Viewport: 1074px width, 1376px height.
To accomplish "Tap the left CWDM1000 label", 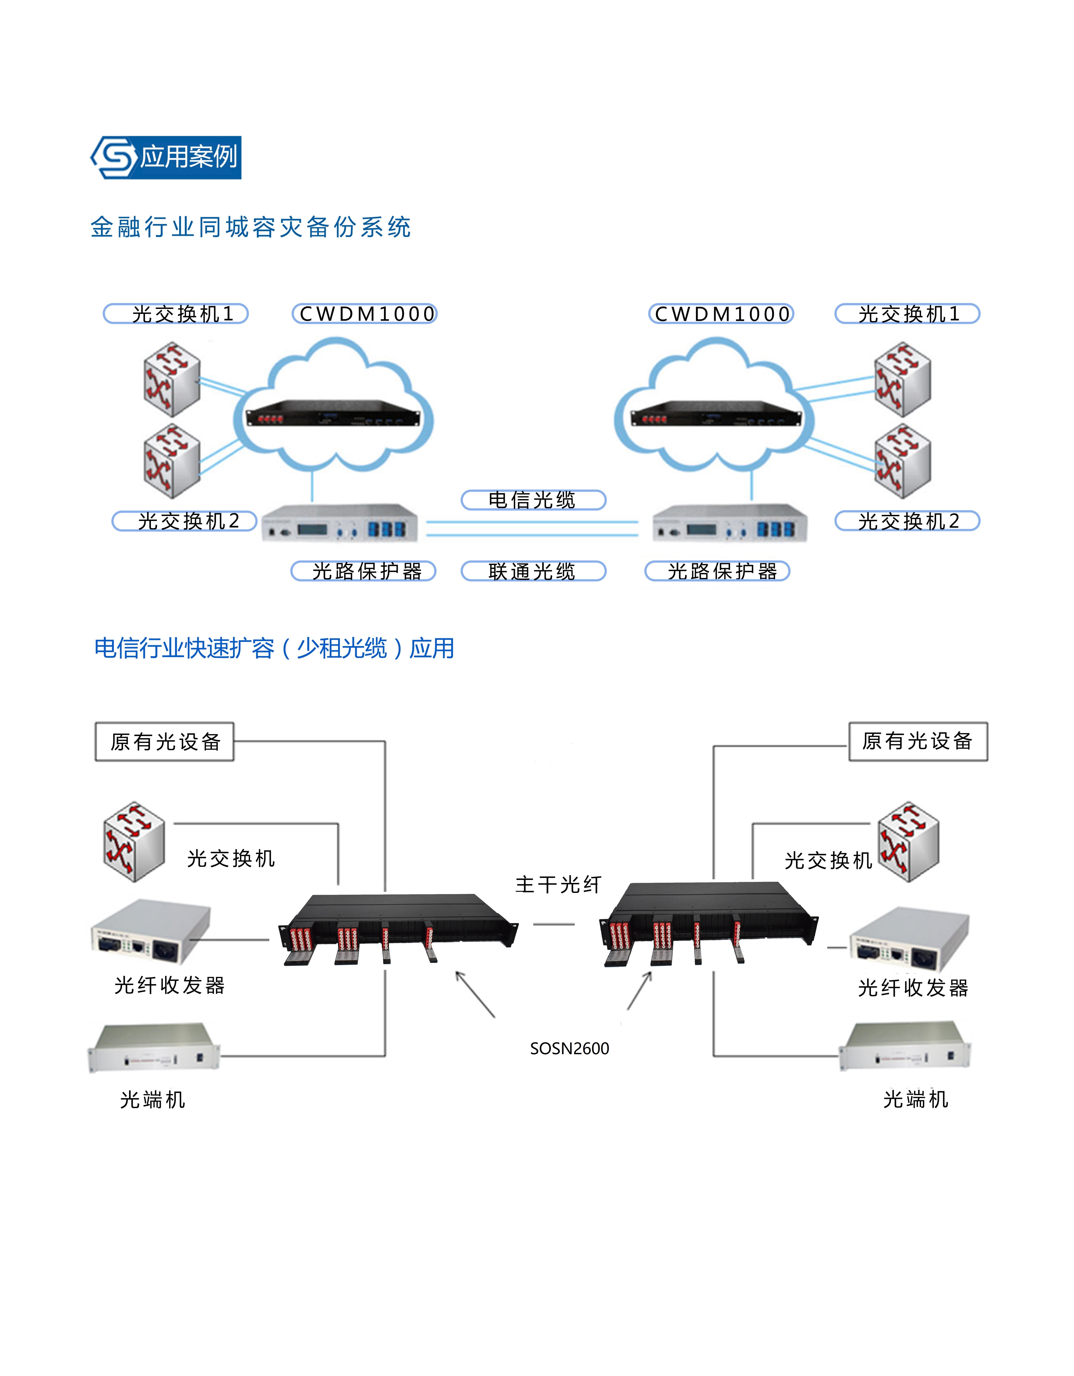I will tap(365, 314).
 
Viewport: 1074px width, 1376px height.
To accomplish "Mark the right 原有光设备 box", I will tap(918, 741).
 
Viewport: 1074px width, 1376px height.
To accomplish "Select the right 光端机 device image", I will tap(904, 1046).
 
